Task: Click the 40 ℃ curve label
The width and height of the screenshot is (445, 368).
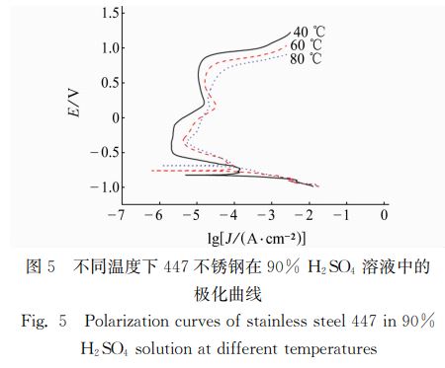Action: point(307,33)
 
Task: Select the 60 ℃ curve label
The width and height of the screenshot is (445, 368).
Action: point(307,45)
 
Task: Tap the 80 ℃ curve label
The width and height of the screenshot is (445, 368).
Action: point(307,59)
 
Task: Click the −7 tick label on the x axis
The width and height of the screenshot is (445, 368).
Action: point(119,214)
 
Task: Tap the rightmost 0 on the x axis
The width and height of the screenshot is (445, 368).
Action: point(386,214)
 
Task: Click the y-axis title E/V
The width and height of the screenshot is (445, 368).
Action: point(74,104)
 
